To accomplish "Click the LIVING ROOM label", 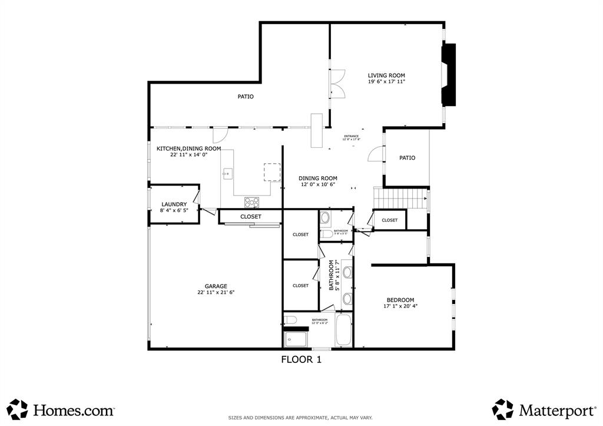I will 386,75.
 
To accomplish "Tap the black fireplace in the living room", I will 449,75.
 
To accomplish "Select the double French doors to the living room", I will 337,84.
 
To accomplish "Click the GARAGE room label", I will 216,286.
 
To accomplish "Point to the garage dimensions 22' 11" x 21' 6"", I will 216,292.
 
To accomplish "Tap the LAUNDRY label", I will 174,204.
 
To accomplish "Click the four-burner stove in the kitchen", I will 252,202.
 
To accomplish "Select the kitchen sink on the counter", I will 228,173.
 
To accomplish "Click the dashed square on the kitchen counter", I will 272,173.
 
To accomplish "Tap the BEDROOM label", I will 400,300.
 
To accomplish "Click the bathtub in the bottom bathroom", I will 343,331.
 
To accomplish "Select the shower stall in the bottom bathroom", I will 296,339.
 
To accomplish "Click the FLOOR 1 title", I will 301,359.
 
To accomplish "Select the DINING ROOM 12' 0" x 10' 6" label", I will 317,181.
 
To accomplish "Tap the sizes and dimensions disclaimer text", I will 300,418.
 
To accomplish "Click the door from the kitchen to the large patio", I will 220,134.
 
